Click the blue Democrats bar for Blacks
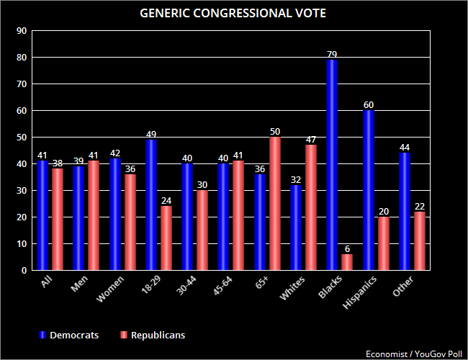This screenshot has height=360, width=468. (x=332, y=165)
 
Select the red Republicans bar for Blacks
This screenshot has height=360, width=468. (x=346, y=262)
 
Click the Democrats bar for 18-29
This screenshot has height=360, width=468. (x=151, y=205)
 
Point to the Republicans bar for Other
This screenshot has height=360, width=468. (x=418, y=241)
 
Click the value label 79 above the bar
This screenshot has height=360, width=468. (x=332, y=53)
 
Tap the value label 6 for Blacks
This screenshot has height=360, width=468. (x=346, y=248)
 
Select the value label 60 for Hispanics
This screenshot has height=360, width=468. (x=368, y=104)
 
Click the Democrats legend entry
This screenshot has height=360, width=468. (x=68, y=335)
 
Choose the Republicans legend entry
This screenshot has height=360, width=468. (x=155, y=335)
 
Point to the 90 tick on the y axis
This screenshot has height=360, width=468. (x=22, y=31)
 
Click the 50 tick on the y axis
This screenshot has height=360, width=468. (x=22, y=138)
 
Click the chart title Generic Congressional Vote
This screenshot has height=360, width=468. (x=233, y=12)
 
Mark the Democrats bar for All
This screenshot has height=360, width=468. (x=43, y=216)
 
